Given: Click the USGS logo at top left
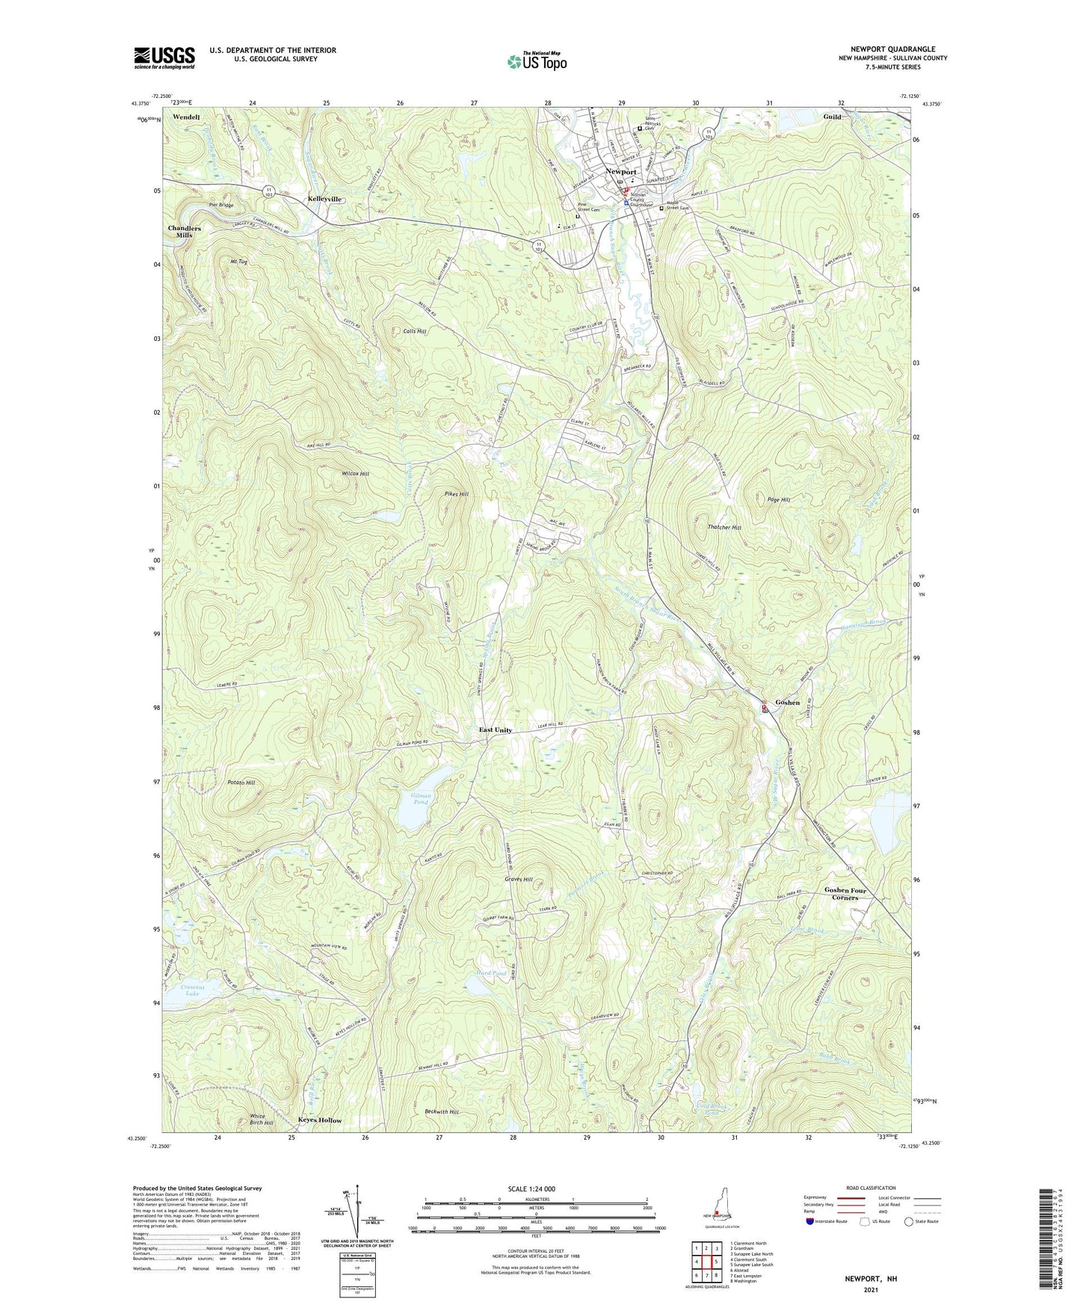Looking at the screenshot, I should pos(164,58).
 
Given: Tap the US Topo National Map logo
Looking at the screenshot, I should pos(536,61).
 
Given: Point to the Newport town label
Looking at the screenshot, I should pos(620,171).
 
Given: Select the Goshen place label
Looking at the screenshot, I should pos(787,703).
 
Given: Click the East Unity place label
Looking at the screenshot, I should pos(496,729).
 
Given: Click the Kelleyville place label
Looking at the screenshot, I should pos(324,200).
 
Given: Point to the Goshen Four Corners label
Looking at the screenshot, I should pos(845,893).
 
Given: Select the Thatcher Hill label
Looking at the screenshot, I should pos(724,527).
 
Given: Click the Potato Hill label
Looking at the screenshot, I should pos(241,783).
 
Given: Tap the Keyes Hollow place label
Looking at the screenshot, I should pos(319,1120).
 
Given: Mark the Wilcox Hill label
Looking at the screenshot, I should pos(354,474).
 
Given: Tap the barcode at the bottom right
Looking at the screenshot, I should pos(1048,1237).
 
